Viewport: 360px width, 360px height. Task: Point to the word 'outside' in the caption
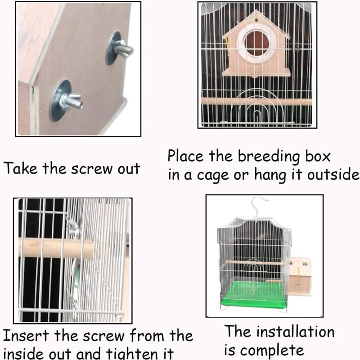[x=333, y=175]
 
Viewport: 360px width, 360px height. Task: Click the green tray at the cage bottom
[x=252, y=293]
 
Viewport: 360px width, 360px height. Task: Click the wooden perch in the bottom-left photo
[x=54, y=248]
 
